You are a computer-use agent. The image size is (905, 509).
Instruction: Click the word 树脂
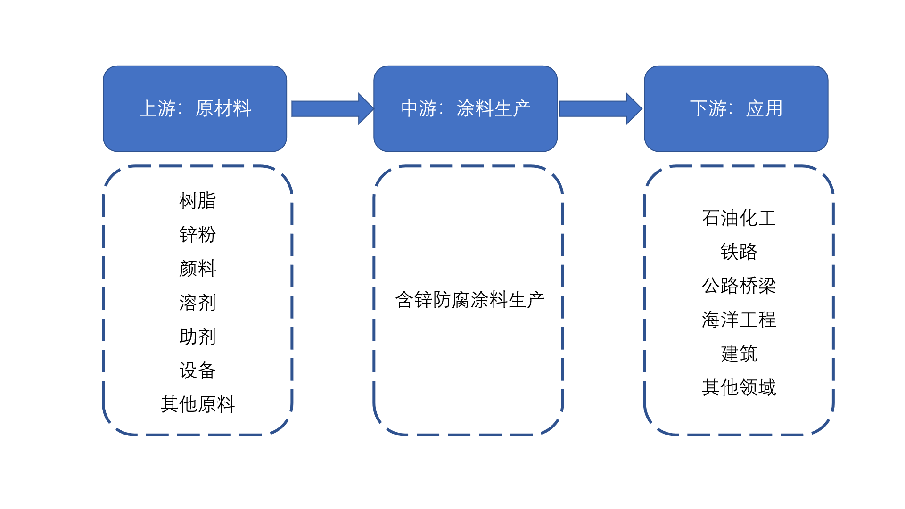pyautogui.click(x=197, y=201)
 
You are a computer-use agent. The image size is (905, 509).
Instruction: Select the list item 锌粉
pyautogui.click(x=197, y=235)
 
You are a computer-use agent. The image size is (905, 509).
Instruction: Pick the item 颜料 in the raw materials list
pyautogui.click(x=197, y=269)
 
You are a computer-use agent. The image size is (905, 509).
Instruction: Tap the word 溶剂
pyautogui.click(x=197, y=303)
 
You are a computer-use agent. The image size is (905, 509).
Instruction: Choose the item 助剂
pyautogui.click(x=197, y=337)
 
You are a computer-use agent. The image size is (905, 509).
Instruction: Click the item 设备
pyautogui.click(x=197, y=370)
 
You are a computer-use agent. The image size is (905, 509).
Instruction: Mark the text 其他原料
pyautogui.click(x=197, y=404)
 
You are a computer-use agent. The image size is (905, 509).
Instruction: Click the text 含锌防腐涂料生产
pyautogui.click(x=469, y=300)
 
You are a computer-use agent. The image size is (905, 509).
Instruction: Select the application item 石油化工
pyautogui.click(x=739, y=218)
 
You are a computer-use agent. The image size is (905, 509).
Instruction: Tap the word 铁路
pyautogui.click(x=739, y=252)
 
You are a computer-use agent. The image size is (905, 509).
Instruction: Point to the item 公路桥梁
pyautogui.click(x=739, y=286)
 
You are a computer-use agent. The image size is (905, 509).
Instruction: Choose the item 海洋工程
pyautogui.click(x=739, y=320)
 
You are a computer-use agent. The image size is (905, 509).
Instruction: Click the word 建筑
pyautogui.click(x=739, y=353)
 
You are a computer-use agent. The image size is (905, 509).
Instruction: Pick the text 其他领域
pyautogui.click(x=739, y=387)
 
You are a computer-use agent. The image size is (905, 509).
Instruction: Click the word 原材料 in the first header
pyautogui.click(x=223, y=108)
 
